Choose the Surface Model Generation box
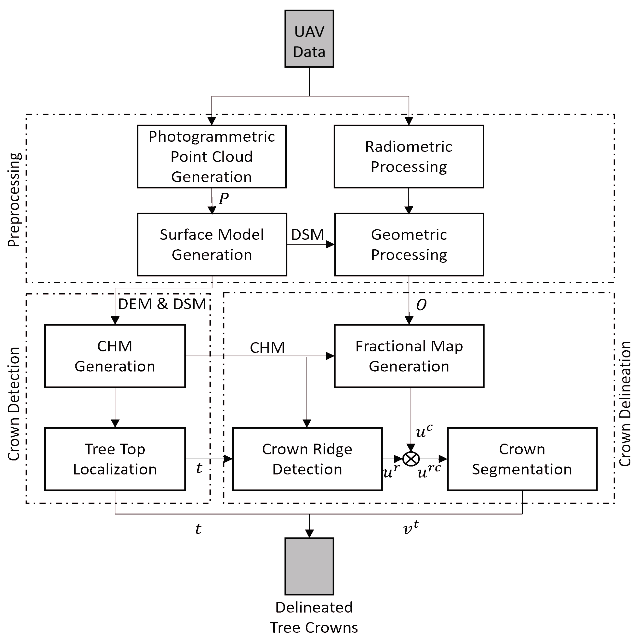[x=212, y=245]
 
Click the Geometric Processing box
[x=409, y=245]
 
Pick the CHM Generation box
[x=115, y=356]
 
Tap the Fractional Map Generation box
[x=409, y=356]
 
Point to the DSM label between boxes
[x=307, y=235]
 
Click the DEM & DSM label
[x=162, y=304]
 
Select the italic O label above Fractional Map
[x=421, y=305]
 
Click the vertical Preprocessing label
[x=14, y=200]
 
